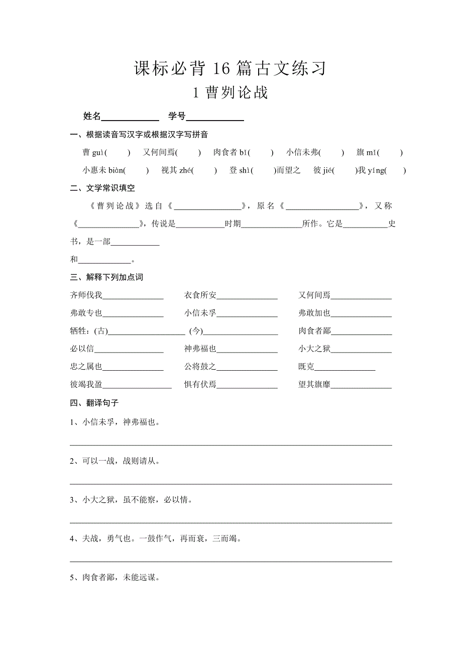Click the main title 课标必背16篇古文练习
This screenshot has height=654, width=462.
click(230, 69)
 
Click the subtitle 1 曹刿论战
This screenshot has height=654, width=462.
click(230, 93)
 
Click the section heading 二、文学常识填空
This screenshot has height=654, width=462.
click(103, 188)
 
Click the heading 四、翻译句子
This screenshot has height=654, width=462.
click(95, 403)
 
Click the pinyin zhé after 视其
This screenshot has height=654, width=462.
click(186, 170)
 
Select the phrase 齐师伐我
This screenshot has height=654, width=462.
click(86, 295)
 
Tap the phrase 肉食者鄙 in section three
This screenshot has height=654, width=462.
click(314, 331)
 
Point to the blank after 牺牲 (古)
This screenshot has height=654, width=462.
click(147, 333)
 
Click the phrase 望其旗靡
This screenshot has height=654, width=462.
click(314, 385)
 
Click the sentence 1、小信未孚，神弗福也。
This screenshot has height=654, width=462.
click(115, 422)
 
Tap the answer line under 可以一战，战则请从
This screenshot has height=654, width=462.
click(230, 483)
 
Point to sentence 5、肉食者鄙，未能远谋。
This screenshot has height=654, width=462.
click(115, 578)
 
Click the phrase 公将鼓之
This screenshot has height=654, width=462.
click(200, 367)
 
